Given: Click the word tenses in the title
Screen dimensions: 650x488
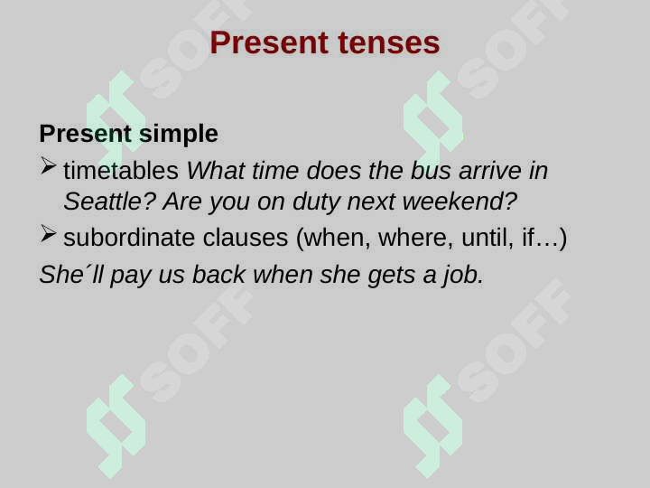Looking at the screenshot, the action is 388,43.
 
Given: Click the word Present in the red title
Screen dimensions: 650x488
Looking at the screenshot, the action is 269,42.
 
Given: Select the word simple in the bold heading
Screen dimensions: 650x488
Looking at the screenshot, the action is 179,134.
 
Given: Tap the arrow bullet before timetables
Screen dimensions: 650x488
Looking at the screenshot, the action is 49,166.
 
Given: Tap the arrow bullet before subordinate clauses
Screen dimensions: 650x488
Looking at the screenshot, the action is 49,234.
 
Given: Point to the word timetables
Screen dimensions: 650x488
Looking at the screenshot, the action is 121,171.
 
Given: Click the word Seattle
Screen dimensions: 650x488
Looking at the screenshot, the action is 109,202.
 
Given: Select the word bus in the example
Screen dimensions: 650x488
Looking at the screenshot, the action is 431,171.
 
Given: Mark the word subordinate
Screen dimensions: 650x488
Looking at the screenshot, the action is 129,238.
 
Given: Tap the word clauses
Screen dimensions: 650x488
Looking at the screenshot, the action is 246,238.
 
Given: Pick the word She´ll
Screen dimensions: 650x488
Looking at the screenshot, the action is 71,275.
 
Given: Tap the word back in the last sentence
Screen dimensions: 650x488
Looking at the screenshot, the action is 218,275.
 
